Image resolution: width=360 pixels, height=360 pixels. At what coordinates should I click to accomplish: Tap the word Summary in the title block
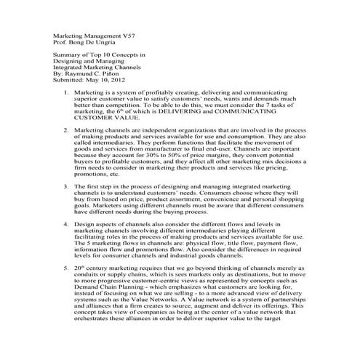pyautogui.click(x=69, y=55)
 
